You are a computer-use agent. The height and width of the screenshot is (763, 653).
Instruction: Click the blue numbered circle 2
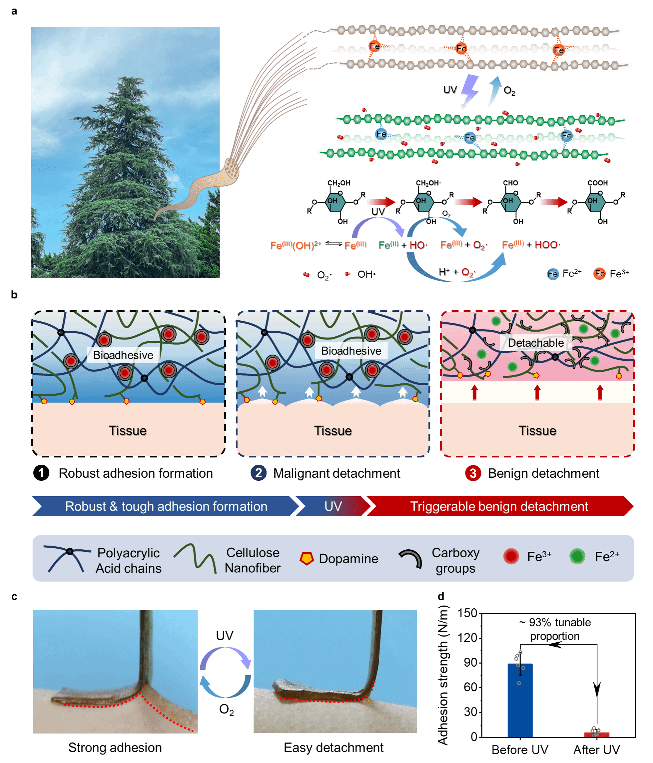coord(259,473)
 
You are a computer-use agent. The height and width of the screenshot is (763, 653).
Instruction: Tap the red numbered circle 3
coord(473,473)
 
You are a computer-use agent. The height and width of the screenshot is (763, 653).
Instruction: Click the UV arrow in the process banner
coord(333,506)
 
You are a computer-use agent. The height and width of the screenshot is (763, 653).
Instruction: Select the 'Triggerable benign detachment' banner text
coord(499,506)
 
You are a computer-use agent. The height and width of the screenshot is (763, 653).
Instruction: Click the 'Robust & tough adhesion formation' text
coord(166,506)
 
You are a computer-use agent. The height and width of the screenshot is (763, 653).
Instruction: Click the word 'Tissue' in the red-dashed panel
coord(537,430)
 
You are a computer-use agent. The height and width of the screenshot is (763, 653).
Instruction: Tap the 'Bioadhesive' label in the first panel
coord(123,355)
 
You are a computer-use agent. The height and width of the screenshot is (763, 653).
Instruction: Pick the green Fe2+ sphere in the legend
coord(577,556)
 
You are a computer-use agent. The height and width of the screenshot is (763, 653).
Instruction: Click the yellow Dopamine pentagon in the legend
coord(306,558)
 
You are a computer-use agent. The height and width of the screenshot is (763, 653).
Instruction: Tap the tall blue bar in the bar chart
coord(520,700)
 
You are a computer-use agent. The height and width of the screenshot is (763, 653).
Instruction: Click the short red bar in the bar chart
coord(597,735)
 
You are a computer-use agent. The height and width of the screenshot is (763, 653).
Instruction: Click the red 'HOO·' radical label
coord(547,245)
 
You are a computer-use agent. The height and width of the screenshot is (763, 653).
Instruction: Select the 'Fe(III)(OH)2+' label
coord(296,245)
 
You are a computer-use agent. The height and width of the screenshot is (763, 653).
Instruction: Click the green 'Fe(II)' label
coord(388,245)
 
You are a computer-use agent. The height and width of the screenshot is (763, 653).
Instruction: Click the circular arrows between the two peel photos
coord(225,672)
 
